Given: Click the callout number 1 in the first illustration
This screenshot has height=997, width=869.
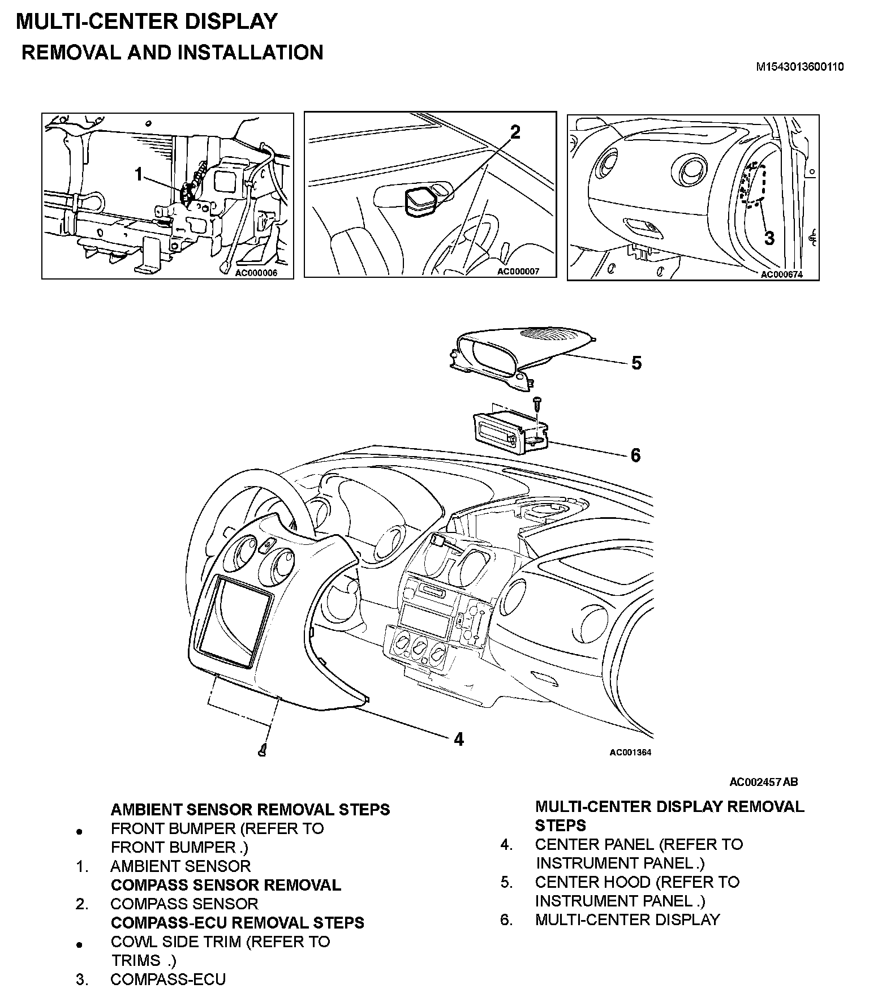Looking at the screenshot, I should point(139,175).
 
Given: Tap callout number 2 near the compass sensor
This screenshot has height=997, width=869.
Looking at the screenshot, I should point(515,132).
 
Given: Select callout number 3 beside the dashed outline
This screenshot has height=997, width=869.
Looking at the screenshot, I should point(769,238).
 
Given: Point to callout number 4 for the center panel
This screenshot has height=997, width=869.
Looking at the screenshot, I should point(459,739).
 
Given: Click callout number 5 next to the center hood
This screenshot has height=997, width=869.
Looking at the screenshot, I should point(636,363).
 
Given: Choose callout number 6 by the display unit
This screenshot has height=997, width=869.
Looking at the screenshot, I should point(635,455).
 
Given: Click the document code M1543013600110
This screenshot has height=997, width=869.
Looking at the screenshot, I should point(800,67).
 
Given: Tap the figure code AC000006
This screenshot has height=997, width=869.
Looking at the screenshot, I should point(256,273).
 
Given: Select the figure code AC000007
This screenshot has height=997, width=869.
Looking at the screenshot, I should point(518,271).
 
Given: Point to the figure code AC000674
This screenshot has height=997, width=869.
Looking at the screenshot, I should point(781,274).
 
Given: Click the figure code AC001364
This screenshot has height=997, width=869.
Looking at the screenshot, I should point(630,753).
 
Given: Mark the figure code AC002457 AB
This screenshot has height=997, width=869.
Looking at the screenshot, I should point(763,782).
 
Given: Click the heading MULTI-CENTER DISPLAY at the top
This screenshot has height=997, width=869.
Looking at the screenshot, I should point(147,22).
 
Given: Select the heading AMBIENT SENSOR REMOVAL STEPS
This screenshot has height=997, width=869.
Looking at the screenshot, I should point(250,809).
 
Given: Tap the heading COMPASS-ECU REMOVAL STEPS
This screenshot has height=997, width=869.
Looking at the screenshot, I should point(237,922).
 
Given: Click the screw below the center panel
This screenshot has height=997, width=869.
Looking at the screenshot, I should point(263,750).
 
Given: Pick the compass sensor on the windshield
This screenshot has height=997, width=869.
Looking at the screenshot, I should point(420,201).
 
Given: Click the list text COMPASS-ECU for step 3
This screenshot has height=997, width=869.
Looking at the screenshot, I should point(168,979).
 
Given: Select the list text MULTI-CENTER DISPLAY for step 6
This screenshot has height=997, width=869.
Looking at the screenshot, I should point(627,919).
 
